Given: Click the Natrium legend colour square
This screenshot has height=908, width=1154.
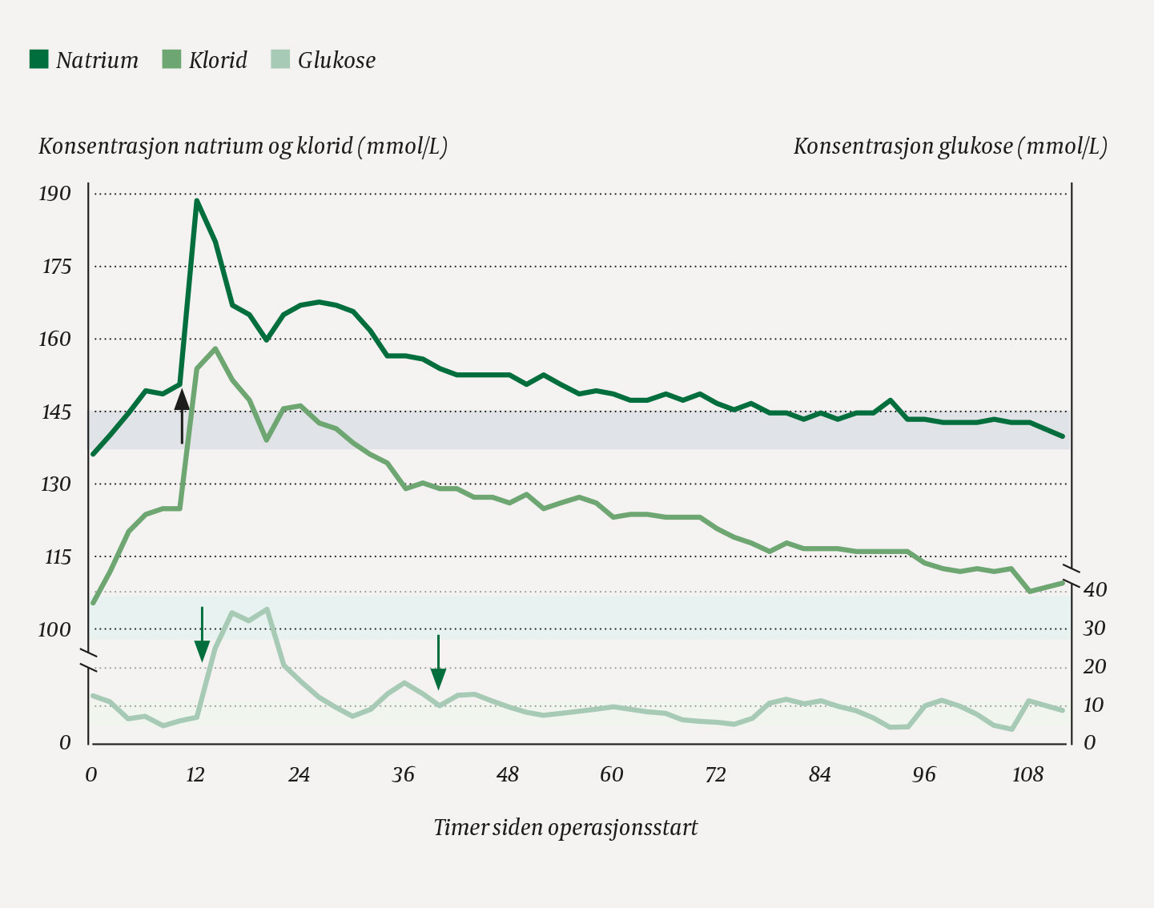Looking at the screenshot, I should tap(38, 59).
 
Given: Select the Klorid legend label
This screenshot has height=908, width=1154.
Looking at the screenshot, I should tap(218, 60).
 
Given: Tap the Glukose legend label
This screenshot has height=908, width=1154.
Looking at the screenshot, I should tap(336, 60).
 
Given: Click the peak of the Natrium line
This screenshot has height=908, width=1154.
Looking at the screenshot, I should tap(196, 200).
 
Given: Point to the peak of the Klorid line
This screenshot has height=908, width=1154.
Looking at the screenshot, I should tap(215, 349).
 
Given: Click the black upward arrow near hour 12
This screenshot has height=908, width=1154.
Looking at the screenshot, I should tap(182, 416).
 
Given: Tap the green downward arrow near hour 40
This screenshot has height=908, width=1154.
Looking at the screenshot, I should tap(438, 661).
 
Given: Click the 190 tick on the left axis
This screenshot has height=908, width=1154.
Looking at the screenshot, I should tap(54, 193).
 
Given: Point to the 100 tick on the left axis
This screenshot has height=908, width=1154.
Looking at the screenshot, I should tap(54, 629).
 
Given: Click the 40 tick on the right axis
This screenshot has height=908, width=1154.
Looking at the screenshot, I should tap(1095, 589).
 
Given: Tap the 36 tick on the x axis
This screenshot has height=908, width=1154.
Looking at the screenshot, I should tap(403, 774).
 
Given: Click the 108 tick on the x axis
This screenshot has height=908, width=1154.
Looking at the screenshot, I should tap(1027, 774).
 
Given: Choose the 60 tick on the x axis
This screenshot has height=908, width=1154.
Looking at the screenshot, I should tap(611, 774).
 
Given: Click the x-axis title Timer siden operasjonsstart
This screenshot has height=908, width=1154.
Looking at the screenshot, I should tap(565, 827).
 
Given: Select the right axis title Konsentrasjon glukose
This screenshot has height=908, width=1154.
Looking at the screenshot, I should tap(950, 146).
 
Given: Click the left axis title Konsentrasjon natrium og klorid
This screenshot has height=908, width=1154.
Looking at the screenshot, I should tap(243, 146).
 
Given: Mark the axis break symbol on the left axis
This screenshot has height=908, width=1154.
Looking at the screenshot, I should tap(89, 661).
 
